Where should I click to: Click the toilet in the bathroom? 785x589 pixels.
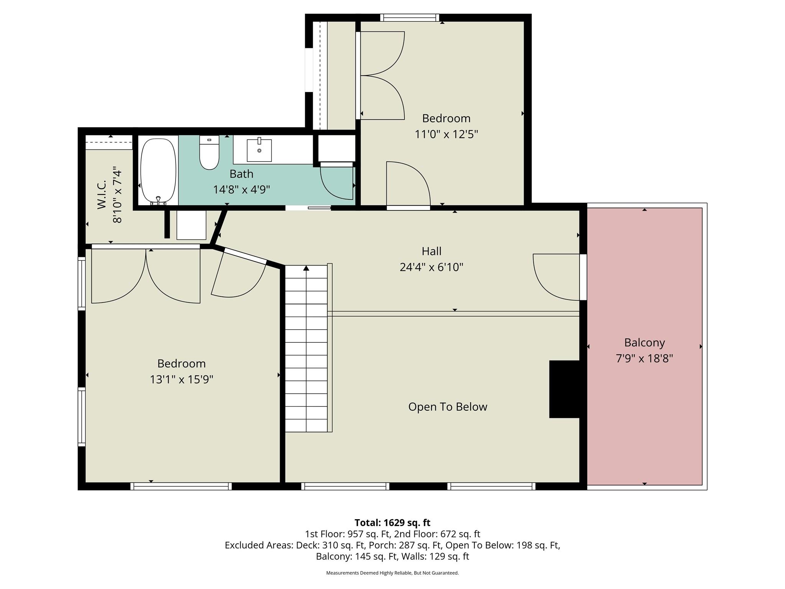209,153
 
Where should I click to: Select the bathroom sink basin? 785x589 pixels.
259,150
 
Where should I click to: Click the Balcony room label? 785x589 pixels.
644,342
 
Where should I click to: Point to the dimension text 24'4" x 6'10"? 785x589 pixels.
431,267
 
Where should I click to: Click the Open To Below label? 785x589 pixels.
447,407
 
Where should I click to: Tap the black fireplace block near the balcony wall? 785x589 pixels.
564,389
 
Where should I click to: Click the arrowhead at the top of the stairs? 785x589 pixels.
306,268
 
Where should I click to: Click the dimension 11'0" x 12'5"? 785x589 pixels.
446,135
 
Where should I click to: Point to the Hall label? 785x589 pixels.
431,251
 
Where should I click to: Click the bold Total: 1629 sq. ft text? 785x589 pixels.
392,523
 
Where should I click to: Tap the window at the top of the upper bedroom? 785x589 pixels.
410,18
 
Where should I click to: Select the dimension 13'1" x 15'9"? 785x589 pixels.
181,380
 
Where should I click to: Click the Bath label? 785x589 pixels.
241,174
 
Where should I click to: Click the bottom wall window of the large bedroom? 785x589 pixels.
181,486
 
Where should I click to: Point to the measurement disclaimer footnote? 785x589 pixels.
392,573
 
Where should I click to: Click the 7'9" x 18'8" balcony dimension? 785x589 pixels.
644,359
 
